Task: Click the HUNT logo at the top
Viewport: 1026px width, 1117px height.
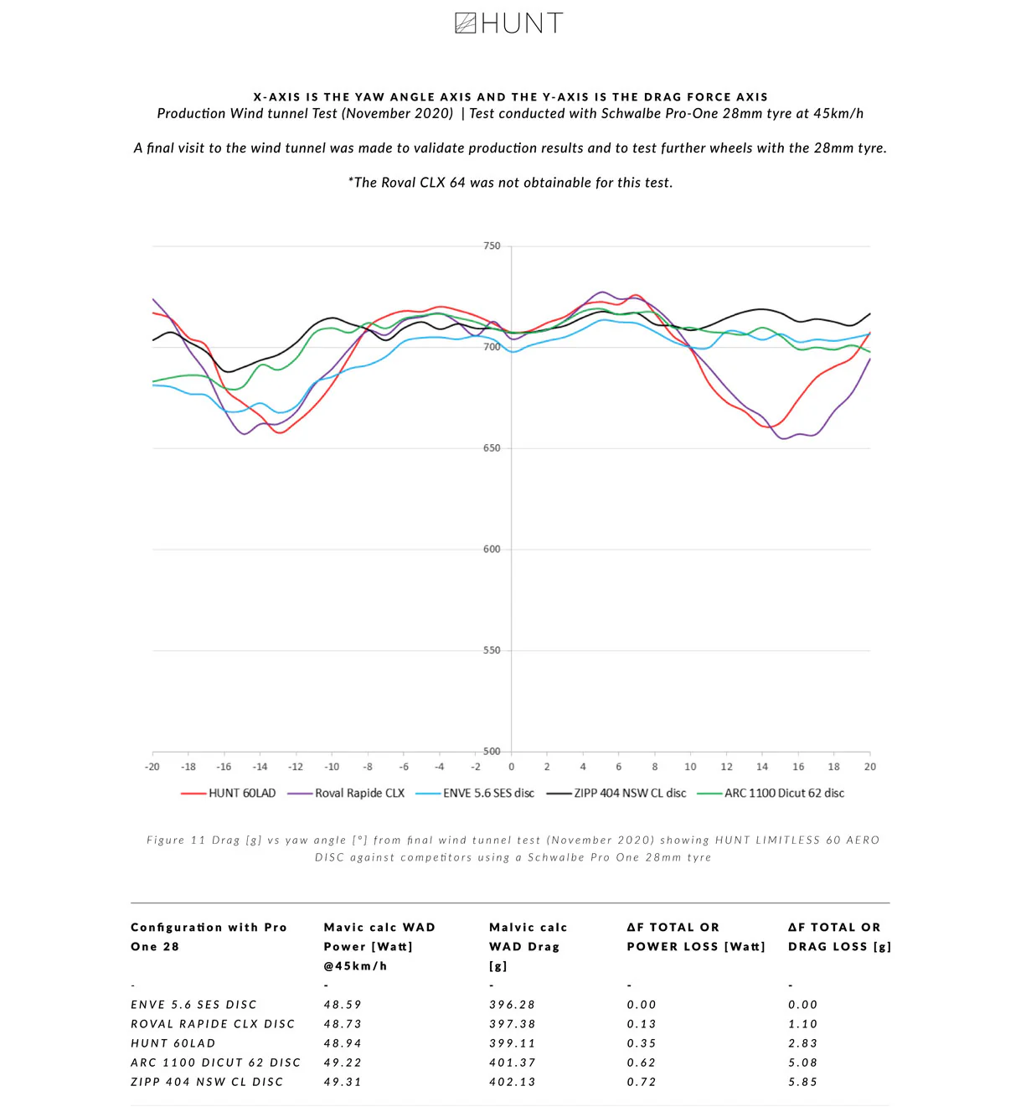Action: pyautogui.click(x=508, y=23)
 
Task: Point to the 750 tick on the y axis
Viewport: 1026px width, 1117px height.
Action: pyautogui.click(x=492, y=246)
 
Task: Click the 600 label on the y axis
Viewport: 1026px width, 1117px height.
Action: pyautogui.click(x=492, y=550)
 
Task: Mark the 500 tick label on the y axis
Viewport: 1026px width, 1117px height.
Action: pyautogui.click(x=492, y=752)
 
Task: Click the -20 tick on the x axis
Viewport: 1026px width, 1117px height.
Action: pyautogui.click(x=152, y=767)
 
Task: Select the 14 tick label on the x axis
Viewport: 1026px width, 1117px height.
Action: pyautogui.click(x=762, y=767)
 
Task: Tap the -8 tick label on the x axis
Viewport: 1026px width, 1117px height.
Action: pyautogui.click(x=368, y=767)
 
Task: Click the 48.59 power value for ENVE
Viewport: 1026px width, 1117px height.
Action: pyautogui.click(x=343, y=1005)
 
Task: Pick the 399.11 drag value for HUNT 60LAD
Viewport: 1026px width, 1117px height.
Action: pyautogui.click(x=513, y=1043)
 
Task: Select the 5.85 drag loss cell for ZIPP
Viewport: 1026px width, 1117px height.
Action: pyautogui.click(x=802, y=1082)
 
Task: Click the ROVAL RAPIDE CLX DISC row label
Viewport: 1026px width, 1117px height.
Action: pyautogui.click(x=213, y=1024)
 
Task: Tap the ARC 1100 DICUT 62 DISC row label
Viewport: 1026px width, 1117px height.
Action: pyautogui.click(x=215, y=1063)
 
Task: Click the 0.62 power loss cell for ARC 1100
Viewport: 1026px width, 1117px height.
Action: pyautogui.click(x=642, y=1063)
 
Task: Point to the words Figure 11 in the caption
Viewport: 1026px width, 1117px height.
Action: pyautogui.click(x=176, y=840)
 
